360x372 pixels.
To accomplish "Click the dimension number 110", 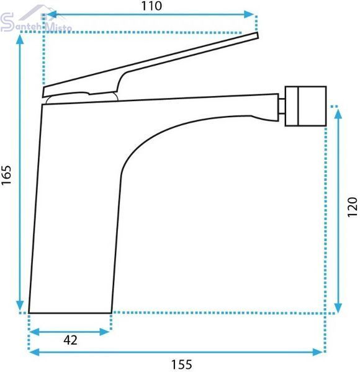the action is (151, 6).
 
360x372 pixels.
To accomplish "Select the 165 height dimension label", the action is (6, 175).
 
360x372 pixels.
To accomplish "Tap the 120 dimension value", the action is (352, 206).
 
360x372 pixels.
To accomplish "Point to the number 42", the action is (70, 340).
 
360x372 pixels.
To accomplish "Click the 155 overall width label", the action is (182, 364).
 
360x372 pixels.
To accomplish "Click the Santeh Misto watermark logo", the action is (35, 21).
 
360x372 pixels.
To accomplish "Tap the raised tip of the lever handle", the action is (257, 35).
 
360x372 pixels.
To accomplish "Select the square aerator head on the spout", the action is (305, 106).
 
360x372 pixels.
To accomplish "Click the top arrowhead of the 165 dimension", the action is (20, 38).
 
